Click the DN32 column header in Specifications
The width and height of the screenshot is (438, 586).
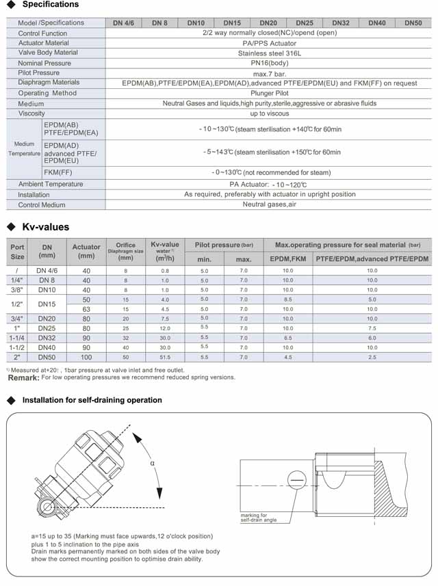339,23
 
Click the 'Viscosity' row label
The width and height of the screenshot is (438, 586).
31,114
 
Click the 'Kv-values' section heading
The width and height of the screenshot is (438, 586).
46,227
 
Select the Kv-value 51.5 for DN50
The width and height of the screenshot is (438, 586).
165,358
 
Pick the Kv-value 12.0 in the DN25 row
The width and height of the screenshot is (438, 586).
165,328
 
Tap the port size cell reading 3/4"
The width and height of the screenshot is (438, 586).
17,319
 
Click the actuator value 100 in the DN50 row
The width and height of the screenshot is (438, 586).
86,358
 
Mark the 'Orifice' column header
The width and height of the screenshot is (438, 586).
125,245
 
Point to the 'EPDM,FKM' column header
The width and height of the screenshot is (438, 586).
287,259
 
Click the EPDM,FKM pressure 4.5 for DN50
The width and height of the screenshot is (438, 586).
287,358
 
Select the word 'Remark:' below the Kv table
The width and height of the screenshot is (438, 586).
23,378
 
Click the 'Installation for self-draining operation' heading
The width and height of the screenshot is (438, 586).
92,400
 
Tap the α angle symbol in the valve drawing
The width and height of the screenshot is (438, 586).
152,463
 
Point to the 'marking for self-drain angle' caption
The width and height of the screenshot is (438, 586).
258,518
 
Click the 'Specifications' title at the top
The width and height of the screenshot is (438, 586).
51,5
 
